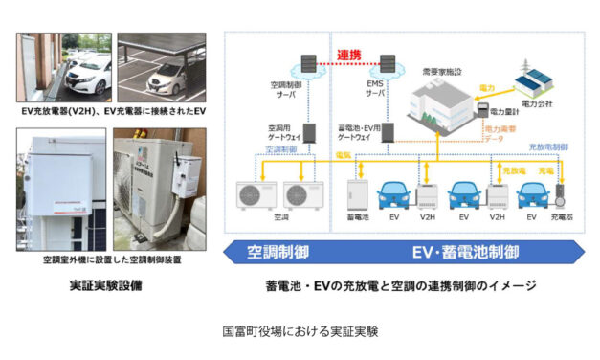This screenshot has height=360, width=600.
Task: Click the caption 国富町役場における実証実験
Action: (x=300, y=332)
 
